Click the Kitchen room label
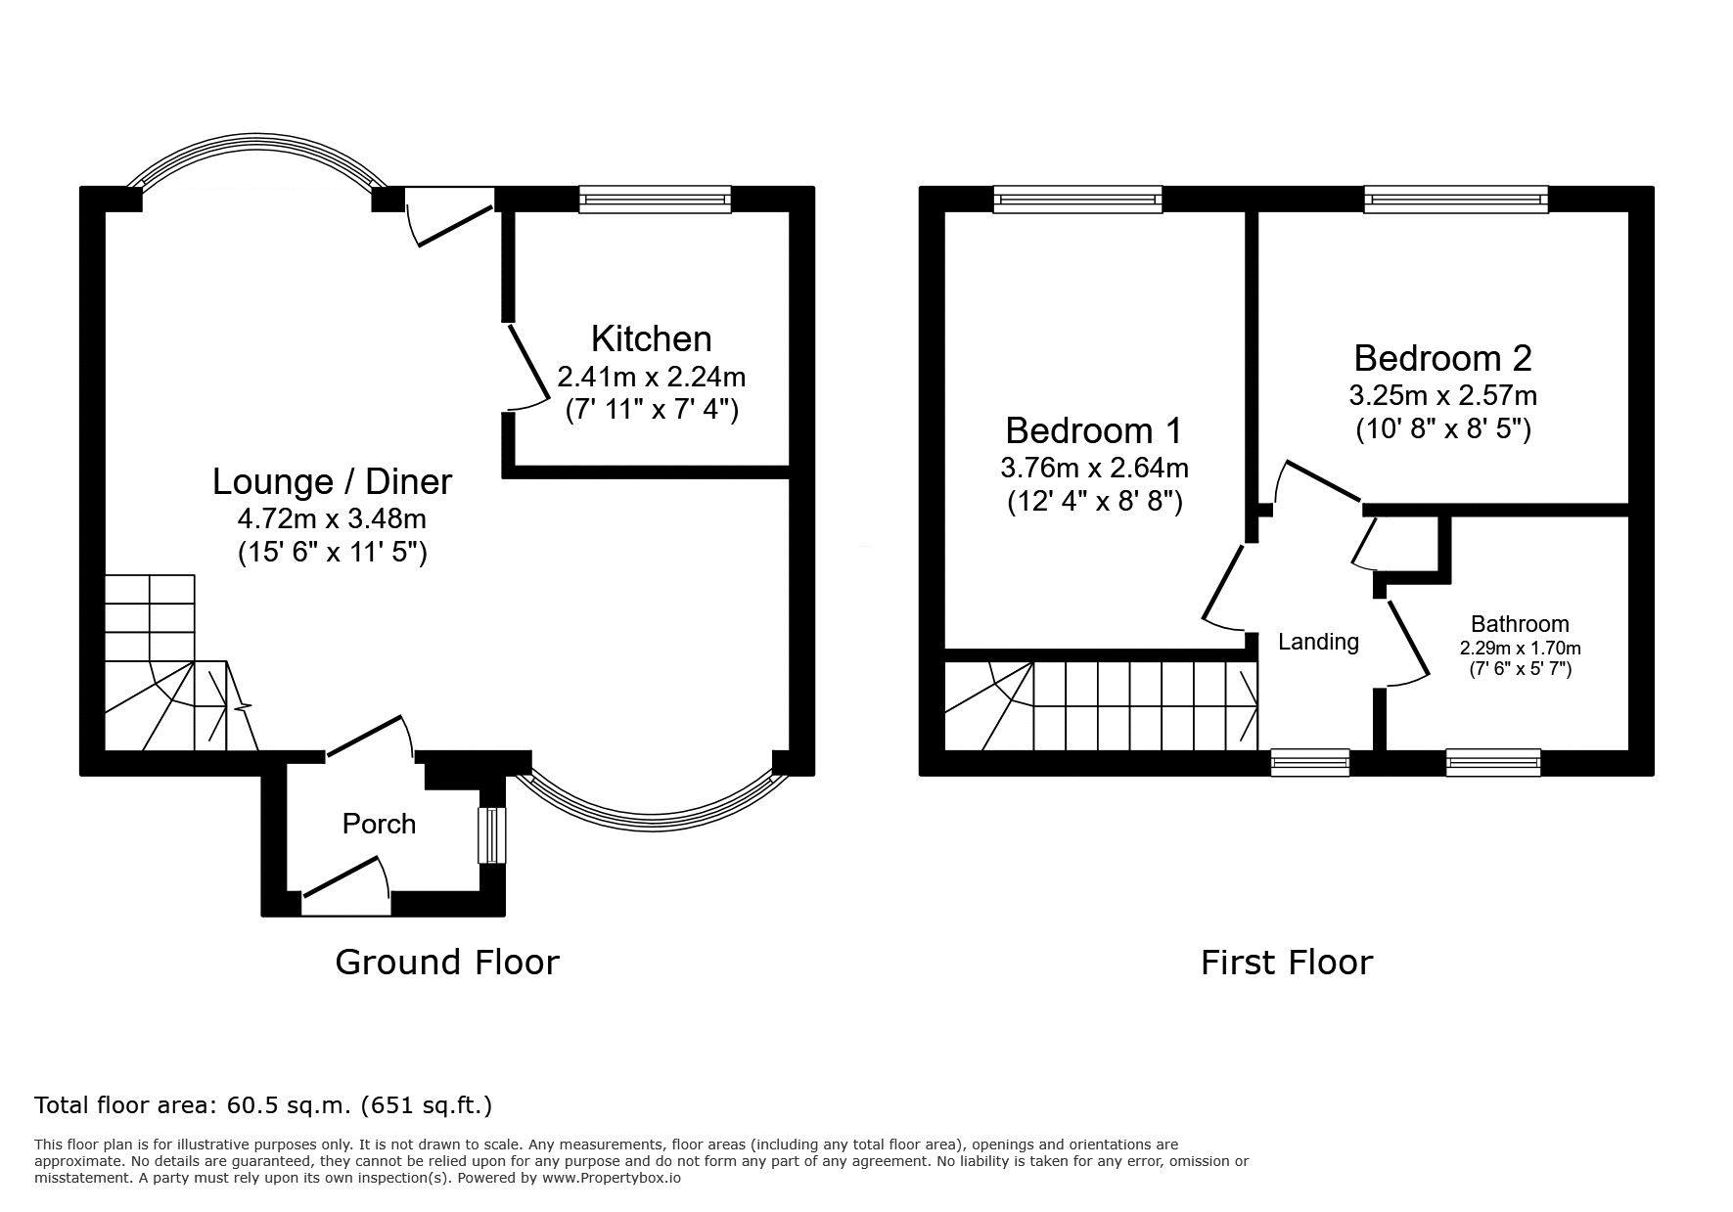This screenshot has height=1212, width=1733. pos(651,338)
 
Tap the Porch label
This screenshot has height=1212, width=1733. pos(379,824)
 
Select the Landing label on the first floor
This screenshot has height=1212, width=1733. pos(1318,642)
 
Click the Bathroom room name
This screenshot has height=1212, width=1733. pos(1520,624)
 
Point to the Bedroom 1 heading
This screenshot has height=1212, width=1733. pos(1094,430)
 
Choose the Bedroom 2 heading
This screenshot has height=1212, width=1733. pos(1442,358)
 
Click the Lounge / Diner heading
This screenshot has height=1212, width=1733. pos(333,481)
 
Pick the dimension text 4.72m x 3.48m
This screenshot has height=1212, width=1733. pos(333,517)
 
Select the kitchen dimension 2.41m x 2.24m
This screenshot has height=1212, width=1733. pos(652,376)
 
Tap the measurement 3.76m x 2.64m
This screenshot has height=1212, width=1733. pos(1094,468)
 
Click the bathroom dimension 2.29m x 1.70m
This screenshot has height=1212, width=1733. pos(1520,648)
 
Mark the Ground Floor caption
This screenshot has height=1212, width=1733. pos(447,963)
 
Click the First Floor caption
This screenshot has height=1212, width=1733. pos(1287,963)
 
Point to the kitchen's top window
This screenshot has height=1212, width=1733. pos(655,200)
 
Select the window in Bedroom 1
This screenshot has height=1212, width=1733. pos(1078,200)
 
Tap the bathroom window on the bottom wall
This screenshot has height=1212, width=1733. pos(1493,763)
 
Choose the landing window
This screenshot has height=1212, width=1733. pos(1310,763)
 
